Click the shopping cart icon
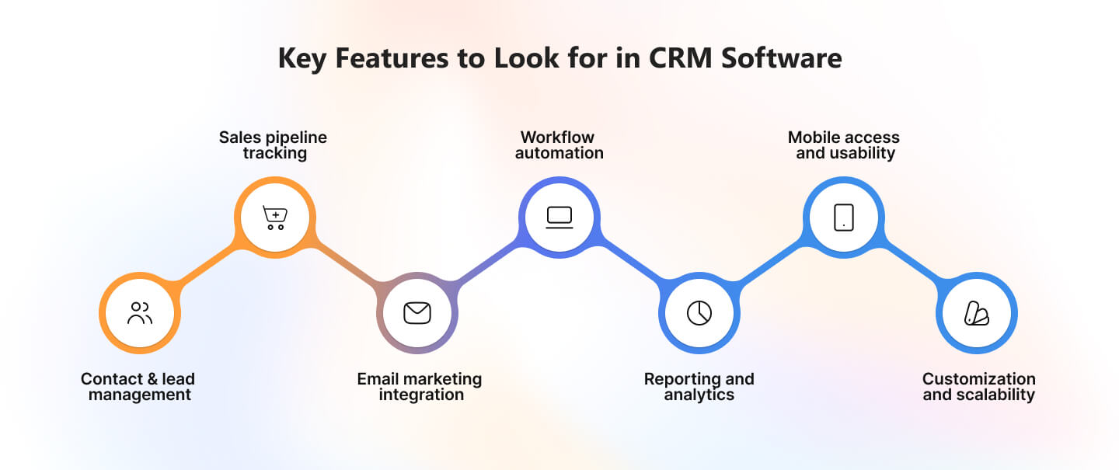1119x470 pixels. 275,218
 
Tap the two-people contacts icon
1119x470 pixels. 140,313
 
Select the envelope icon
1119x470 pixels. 417,313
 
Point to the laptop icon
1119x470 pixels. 559,218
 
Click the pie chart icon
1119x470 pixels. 699,313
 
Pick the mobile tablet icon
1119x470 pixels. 844,218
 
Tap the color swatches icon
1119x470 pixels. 977,313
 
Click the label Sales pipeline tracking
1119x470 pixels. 274,144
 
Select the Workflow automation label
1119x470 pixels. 559,144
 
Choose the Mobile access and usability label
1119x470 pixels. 844,144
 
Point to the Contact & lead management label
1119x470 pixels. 138,387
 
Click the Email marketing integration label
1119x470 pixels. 420,387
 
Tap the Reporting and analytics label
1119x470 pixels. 699,387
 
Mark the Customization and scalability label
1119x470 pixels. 979,387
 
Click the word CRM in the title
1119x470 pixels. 681,58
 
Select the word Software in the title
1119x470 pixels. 782,58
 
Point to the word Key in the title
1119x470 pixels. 302,59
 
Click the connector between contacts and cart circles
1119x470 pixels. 207,266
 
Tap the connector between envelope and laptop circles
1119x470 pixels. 488,266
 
